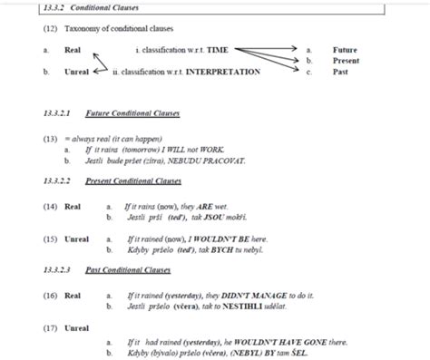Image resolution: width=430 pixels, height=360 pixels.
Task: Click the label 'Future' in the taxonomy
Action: click(x=345, y=51)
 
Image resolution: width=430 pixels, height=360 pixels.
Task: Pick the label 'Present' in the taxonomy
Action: click(x=346, y=61)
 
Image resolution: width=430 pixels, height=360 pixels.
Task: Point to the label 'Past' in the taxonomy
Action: click(x=340, y=71)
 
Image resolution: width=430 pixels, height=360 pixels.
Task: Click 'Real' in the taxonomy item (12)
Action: click(x=73, y=51)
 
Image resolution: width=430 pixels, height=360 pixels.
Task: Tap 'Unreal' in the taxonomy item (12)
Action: click(x=76, y=71)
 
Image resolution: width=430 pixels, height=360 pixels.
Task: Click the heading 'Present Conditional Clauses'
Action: click(x=136, y=181)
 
